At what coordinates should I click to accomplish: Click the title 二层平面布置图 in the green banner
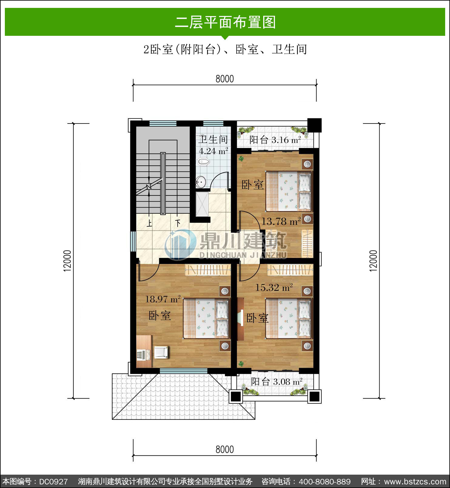pyautogui.click(x=225, y=22)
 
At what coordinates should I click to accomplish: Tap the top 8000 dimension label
pyautogui.click(x=225, y=79)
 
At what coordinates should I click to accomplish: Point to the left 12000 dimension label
pyautogui.click(x=67, y=261)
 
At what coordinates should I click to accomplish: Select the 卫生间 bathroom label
pyautogui.click(x=213, y=140)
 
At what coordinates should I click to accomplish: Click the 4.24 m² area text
pyautogui.click(x=213, y=151)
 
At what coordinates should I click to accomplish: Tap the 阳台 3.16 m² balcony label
pyautogui.click(x=275, y=140)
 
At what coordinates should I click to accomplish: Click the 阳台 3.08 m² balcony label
pyautogui.click(x=277, y=381)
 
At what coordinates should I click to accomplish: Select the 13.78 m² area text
pyautogui.click(x=281, y=221)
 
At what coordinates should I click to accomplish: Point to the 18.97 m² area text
pyautogui.click(x=163, y=299)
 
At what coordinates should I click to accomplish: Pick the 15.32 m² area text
pyautogui.click(x=274, y=287)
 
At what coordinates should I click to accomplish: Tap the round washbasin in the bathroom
pyautogui.click(x=201, y=182)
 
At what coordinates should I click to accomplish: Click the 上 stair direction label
pyautogui.click(x=149, y=224)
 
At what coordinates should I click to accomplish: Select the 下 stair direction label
pyautogui.click(x=178, y=223)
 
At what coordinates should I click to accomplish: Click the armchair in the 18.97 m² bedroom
pyautogui.click(x=161, y=352)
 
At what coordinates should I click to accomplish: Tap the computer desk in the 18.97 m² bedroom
pyautogui.click(x=144, y=351)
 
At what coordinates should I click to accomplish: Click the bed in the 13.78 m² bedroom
pyautogui.click(x=289, y=191)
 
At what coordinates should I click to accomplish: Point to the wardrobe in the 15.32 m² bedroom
pyautogui.click(x=290, y=270)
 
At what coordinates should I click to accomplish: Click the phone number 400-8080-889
pyautogui.click(x=324, y=481)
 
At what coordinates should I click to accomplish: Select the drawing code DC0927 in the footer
pyautogui.click(x=53, y=481)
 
